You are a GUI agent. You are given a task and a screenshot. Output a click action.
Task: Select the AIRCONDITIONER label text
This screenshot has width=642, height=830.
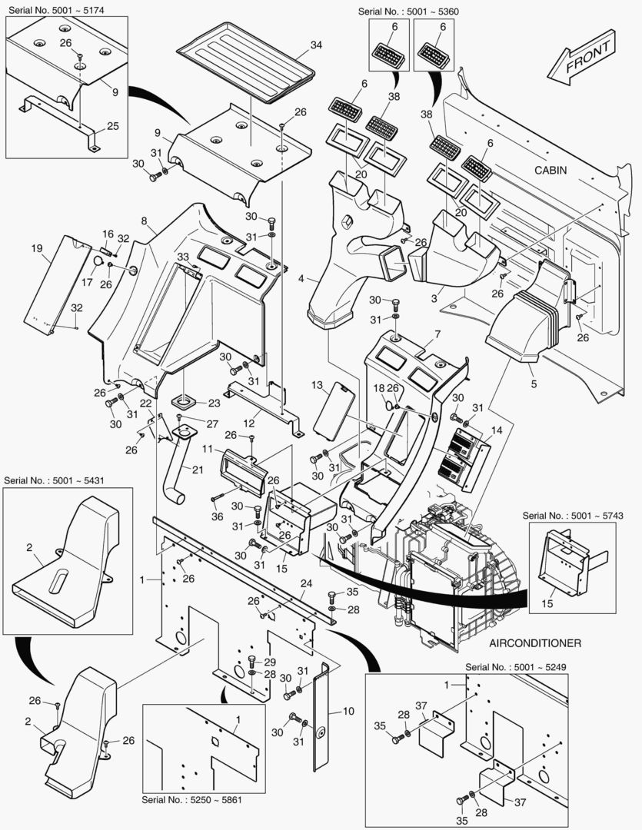coord(534,642)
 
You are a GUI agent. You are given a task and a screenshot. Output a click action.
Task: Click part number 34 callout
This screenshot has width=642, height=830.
coord(316,45)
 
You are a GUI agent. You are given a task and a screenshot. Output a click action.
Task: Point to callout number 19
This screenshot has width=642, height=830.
coord(36,248)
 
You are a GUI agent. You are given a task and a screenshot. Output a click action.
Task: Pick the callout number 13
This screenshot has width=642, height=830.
coord(316,383)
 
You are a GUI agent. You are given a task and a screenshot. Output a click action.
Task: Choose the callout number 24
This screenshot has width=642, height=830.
coord(306,583)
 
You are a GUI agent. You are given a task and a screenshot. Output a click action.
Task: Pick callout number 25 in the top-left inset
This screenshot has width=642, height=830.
coord(112,125)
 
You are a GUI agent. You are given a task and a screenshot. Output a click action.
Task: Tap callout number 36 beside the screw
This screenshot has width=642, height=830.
coord(218,516)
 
